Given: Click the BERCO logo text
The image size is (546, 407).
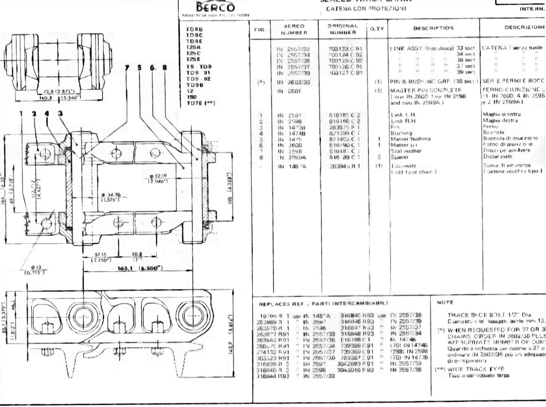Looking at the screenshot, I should (216, 7).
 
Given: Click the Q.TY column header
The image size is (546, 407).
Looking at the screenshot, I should (377, 29).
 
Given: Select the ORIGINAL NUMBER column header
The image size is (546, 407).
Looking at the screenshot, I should (342, 29).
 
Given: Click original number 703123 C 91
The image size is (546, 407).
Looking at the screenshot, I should (345, 49).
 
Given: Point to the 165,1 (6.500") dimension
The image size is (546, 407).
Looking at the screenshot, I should (140, 268).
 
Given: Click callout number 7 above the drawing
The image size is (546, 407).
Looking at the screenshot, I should (127, 67).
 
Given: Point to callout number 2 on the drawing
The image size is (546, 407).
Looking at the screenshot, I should (34, 113).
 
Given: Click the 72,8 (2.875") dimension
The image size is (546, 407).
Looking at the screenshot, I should (59, 92).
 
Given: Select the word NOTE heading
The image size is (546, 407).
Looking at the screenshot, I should (445, 302).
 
